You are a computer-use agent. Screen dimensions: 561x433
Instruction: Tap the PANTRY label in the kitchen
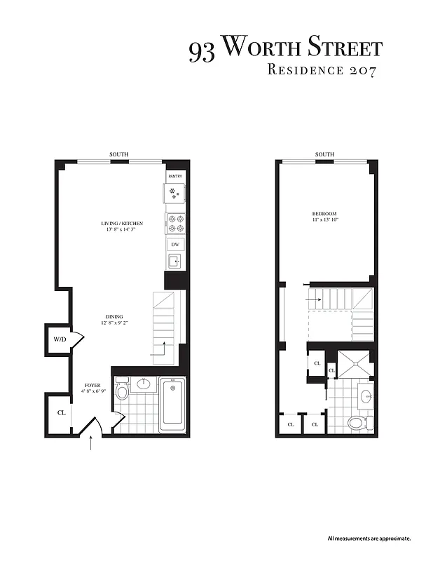pos(174,177)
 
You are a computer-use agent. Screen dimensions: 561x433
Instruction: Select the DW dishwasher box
pos(175,245)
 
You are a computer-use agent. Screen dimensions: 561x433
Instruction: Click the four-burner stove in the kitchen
pos(175,223)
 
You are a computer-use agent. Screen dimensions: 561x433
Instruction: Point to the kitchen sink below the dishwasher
pos(174,262)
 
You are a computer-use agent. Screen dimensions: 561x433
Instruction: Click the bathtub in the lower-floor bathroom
pos(172,405)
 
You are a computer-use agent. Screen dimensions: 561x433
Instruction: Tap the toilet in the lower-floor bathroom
pos(122,387)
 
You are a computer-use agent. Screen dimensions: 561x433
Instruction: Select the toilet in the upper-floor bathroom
pos(357,421)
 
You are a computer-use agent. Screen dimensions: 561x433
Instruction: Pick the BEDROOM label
pos(324,214)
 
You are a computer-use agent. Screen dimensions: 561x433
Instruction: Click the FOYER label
pos(92,386)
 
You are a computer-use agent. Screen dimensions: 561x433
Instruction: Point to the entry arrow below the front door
pos(92,443)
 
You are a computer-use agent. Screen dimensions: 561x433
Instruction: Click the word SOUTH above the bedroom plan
pos(324,154)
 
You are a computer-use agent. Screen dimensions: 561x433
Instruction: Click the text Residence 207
pos(323,70)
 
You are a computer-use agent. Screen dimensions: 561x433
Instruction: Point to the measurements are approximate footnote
pos(369,539)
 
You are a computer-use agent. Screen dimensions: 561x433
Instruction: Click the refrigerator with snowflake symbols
pos(174,192)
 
